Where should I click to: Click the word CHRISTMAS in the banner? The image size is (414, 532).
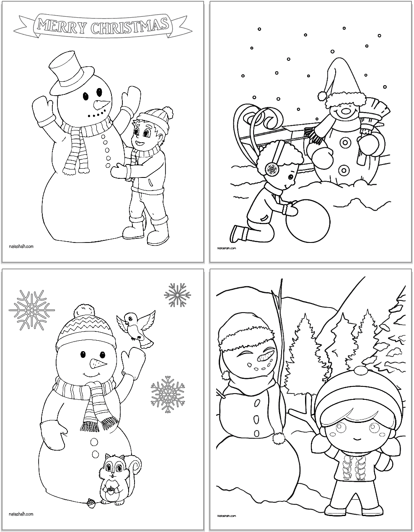click(x=128, y=26)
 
